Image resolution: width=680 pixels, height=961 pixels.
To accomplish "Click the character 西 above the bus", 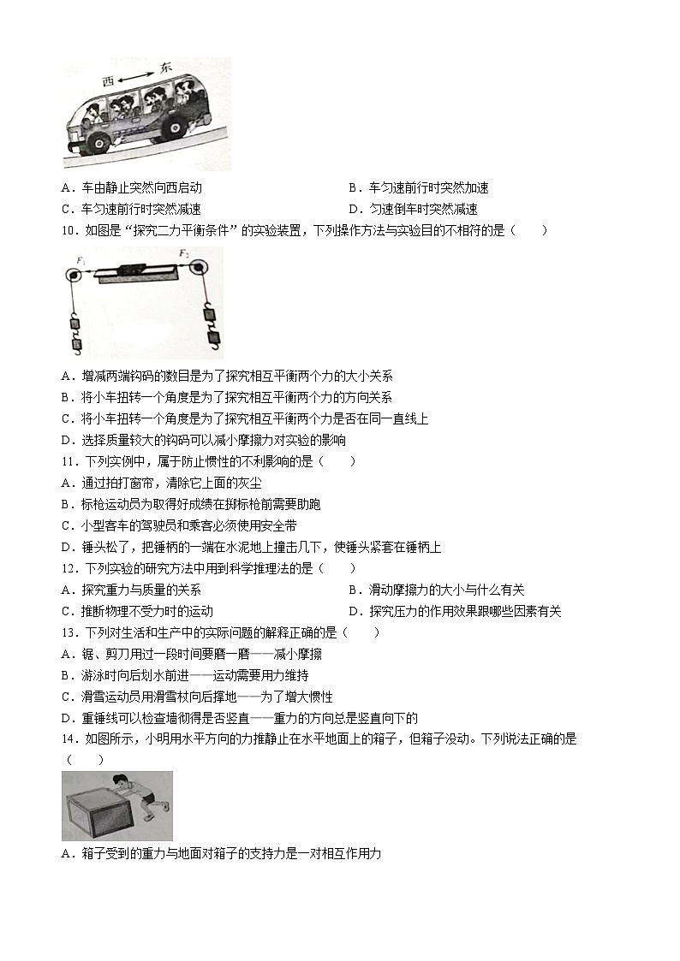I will (x=108, y=81).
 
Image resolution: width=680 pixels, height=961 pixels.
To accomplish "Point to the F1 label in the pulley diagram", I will (x=81, y=259).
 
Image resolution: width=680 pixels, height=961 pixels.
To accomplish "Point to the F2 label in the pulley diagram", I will (x=183, y=254).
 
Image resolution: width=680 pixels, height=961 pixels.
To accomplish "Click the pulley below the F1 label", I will (x=74, y=275).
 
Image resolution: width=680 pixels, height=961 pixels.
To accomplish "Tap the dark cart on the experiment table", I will (x=134, y=270).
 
